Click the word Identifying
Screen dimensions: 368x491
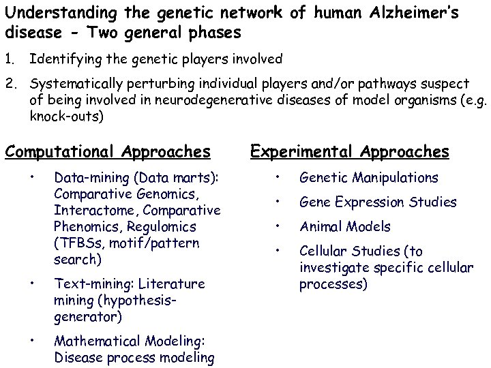coord(62,59)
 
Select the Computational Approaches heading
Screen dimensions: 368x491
coord(108,151)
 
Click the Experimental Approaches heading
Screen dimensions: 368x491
coord(350,151)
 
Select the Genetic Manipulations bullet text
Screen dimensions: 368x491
coord(368,178)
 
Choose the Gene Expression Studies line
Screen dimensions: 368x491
coord(378,202)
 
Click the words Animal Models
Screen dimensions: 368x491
coord(345,227)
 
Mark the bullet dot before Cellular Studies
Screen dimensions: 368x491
coord(278,251)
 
